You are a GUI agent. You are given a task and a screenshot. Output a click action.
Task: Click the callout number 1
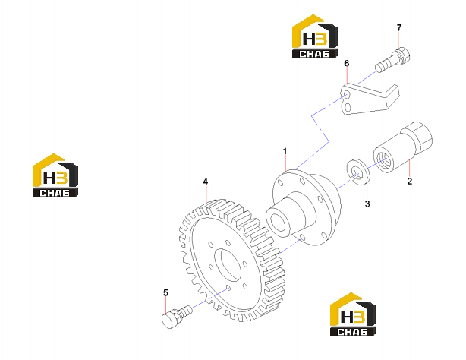click(285, 151)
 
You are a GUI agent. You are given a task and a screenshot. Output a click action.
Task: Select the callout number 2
click(410, 181)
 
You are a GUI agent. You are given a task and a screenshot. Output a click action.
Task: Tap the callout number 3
click(367, 204)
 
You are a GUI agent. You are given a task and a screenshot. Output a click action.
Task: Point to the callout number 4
click(206, 182)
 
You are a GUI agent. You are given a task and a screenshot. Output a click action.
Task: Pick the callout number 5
click(165, 292)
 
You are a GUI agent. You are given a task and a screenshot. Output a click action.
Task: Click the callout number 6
click(347, 63)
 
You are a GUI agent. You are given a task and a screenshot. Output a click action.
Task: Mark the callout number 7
click(399, 27)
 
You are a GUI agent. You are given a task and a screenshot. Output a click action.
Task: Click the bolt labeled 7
click(392, 60)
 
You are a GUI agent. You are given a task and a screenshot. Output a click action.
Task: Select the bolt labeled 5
click(177, 317)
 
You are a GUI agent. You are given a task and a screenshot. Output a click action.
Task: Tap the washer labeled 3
click(359, 172)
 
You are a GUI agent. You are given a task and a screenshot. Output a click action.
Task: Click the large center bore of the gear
click(228, 265)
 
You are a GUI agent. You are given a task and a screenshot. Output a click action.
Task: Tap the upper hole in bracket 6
click(347, 95)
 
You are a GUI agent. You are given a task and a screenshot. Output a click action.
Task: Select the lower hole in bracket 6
click(348, 107)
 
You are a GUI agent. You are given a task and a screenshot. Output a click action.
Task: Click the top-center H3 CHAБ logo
click(315, 36)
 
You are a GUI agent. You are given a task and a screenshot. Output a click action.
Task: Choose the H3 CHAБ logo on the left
click(55, 175)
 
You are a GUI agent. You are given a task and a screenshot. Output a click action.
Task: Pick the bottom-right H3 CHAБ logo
click(353, 314)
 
